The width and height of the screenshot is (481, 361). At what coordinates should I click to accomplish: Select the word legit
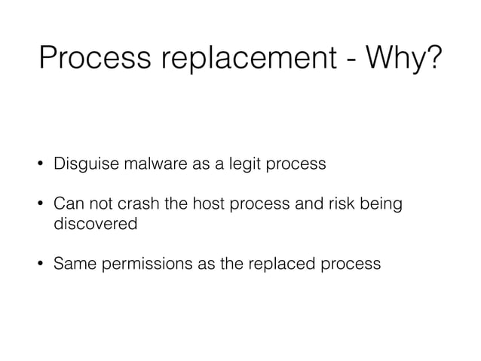[245, 164]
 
